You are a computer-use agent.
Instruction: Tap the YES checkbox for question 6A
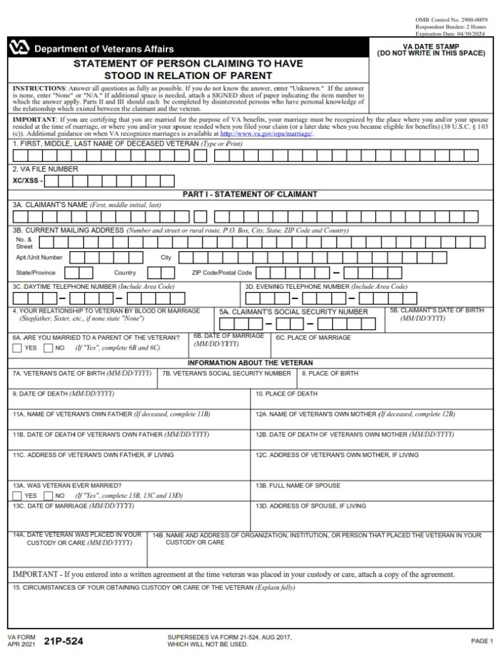coord(17,348)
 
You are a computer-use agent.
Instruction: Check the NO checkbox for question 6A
coord(48,348)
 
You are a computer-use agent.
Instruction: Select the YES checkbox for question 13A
coord(17,495)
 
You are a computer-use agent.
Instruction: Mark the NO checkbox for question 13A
coord(48,495)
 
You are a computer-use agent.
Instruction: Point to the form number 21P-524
coord(64,642)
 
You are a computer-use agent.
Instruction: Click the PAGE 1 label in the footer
coord(482,641)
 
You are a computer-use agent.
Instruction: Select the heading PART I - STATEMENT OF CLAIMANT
coord(250,194)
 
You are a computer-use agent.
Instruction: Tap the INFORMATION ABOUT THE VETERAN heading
coord(250,363)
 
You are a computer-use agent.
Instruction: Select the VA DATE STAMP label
coord(430,47)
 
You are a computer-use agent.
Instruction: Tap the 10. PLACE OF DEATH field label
coord(286,394)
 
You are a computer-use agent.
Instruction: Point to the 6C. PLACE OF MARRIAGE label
coord(313,337)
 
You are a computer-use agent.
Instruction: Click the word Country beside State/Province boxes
coord(125,273)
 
